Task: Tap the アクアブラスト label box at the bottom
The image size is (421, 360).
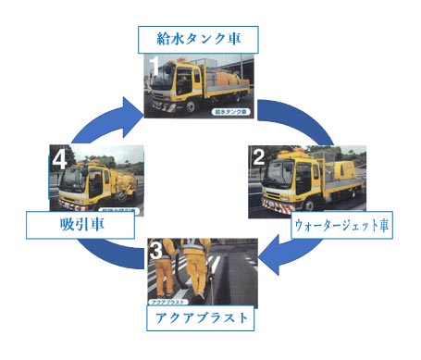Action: [202, 317]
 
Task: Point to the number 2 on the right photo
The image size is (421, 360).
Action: [261, 158]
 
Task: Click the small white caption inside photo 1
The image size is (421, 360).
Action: [232, 110]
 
